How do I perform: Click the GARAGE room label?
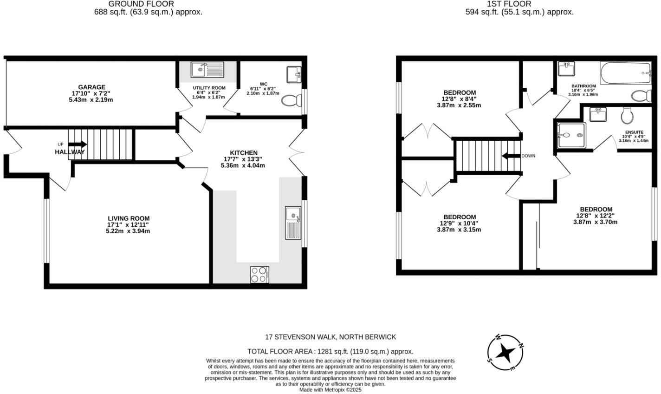(91, 87)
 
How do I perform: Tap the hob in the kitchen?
(259, 274)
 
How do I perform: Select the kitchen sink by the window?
(293, 222)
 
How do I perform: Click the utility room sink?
(207, 70)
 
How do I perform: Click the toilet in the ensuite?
(627, 114)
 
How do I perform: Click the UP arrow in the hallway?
(77, 144)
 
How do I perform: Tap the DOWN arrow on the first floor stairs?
(510, 156)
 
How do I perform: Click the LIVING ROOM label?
(129, 218)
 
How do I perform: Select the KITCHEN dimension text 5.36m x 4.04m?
(244, 165)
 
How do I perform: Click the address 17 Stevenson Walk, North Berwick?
(330, 337)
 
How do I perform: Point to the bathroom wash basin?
(565, 69)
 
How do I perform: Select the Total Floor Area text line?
(330, 352)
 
